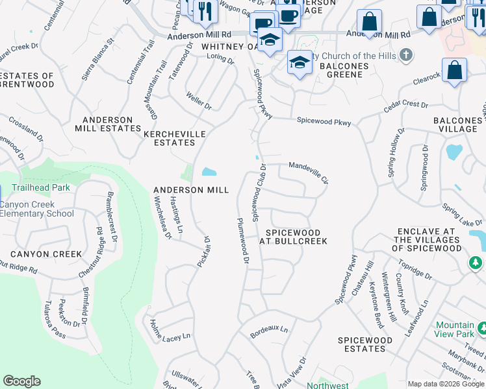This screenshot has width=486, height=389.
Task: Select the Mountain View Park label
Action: (x=455, y=329)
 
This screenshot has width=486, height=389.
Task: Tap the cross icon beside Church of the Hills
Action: (x=407, y=56)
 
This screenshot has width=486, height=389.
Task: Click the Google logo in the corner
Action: (x=21, y=381)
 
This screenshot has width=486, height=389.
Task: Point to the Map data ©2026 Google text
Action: (x=445, y=384)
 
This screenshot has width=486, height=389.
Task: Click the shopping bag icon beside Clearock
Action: (x=454, y=70)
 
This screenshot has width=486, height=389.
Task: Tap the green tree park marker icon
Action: (x=476, y=262)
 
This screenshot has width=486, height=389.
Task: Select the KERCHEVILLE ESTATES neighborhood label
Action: (x=174, y=138)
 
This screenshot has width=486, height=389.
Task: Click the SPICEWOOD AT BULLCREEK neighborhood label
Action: (x=293, y=237)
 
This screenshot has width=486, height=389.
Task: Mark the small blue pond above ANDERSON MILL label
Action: (x=209, y=172)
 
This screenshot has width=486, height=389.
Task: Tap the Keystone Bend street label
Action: (x=376, y=295)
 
